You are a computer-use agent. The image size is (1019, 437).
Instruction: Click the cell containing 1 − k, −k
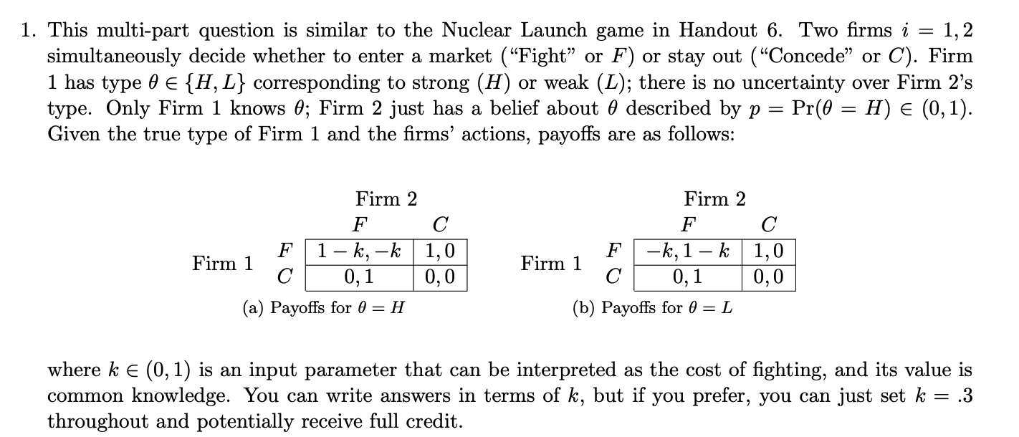click(359, 251)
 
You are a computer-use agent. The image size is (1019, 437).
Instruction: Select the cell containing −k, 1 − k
click(688, 251)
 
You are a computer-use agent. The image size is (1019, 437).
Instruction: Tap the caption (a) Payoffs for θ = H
click(323, 308)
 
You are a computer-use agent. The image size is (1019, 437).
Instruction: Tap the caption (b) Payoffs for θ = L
click(652, 308)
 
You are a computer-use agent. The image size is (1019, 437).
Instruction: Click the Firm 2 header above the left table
click(386, 198)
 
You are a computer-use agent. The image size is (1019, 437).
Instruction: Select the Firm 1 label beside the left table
click(223, 264)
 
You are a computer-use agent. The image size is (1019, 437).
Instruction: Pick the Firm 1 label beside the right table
click(552, 264)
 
